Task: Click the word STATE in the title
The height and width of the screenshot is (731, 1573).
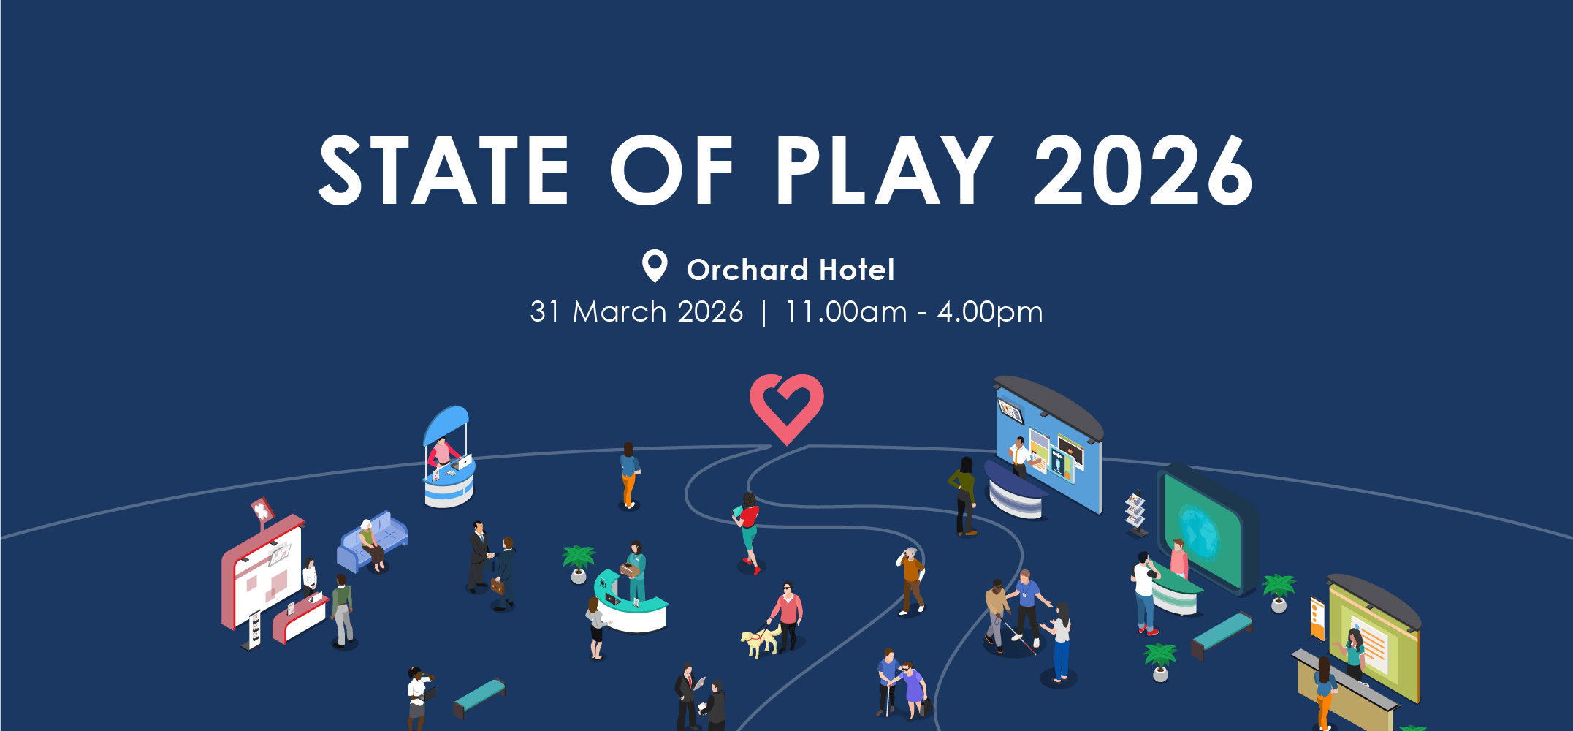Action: pos(443,170)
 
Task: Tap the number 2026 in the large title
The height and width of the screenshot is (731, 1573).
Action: pos(1143,170)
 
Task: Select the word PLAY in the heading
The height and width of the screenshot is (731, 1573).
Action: pos(884,170)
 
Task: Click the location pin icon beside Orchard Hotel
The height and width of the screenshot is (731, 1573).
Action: pos(655,266)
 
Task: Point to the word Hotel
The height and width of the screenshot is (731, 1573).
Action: pos(857,270)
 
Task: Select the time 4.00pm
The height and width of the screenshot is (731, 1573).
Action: pos(990,312)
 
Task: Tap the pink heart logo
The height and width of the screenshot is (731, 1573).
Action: pos(787,408)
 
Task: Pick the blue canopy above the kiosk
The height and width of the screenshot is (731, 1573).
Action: pos(446,425)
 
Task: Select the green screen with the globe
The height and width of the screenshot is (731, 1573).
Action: pos(1203,531)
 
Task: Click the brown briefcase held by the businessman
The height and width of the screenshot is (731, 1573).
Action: pos(498,586)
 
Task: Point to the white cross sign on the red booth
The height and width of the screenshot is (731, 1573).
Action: pos(262,510)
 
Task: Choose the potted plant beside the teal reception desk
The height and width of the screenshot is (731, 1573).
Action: pos(579,564)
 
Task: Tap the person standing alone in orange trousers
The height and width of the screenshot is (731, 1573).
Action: pos(628,475)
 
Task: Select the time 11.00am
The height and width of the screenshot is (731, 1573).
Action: pos(846,312)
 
